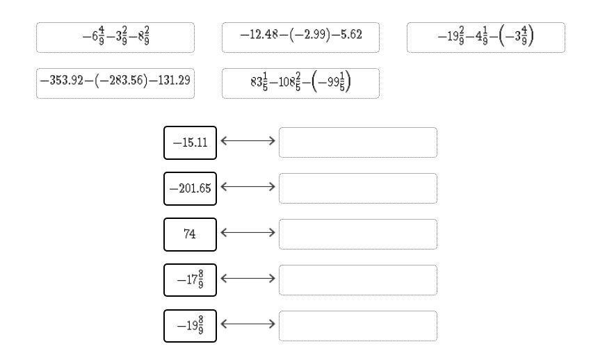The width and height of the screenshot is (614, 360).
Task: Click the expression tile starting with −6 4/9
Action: click(115, 38)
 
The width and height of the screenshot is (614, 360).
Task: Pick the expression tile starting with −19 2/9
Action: click(485, 38)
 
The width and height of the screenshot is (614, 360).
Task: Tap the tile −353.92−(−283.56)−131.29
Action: click(115, 83)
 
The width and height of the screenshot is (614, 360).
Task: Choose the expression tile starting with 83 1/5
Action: click(300, 83)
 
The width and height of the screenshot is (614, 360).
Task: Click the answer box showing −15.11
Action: click(190, 142)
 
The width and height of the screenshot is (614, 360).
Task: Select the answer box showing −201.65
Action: click(190, 188)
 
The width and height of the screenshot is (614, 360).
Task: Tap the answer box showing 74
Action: click(190, 234)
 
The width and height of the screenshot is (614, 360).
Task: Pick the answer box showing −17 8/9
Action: click(190, 280)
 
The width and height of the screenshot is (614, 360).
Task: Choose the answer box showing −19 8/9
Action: click(190, 326)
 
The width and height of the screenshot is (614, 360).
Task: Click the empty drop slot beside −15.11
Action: click(358, 142)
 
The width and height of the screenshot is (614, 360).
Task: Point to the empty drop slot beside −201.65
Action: click(358, 188)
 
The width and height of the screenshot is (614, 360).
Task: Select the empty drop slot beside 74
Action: click(358, 234)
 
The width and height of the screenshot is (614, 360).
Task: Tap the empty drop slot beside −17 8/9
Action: click(358, 280)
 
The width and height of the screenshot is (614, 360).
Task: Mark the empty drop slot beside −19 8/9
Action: click(358, 326)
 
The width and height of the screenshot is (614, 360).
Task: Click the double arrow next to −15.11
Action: click(248, 141)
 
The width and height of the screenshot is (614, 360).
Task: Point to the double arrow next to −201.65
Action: click(248, 187)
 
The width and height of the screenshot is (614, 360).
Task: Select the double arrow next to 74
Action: click(248, 233)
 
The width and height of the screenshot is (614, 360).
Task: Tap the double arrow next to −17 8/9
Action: click(248, 279)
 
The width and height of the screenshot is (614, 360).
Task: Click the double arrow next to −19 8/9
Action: click(248, 325)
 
